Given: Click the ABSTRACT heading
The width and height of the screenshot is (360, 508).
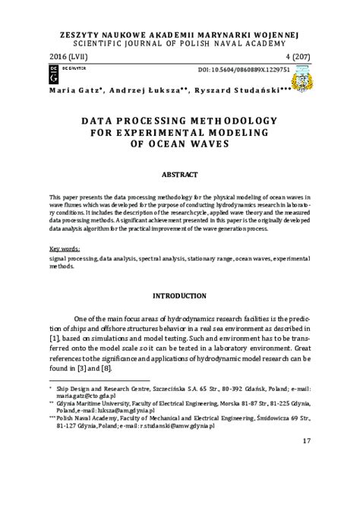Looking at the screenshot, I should pos(180,174).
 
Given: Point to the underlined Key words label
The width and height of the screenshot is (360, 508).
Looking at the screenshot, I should pos(65,249).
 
